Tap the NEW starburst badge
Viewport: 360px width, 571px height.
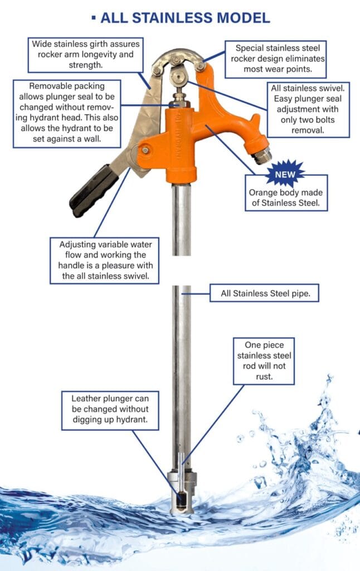pos(285,174)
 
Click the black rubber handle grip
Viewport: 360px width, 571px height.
pos(94,191)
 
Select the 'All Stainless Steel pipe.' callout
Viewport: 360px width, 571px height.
pos(264,293)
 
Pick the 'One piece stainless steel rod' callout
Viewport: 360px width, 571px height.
pos(264,361)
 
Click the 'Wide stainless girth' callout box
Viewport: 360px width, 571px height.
pos(85,55)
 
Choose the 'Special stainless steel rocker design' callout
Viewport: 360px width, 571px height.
pos(275,59)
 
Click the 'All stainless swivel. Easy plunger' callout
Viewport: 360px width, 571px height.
pos(308,109)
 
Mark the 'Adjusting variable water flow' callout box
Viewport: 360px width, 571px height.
pos(104,261)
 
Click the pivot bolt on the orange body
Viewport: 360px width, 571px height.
pos(145,150)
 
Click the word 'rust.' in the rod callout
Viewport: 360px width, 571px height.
pos(264,376)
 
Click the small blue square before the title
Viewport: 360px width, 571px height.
pos(94,17)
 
